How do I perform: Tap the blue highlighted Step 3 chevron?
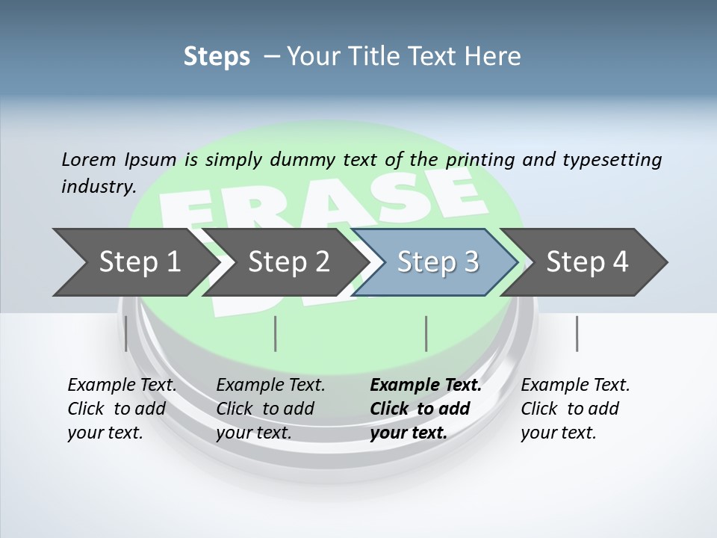438,262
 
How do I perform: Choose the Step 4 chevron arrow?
587,262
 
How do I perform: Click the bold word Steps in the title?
217,56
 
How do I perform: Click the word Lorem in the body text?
88,159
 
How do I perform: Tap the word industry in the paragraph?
98,186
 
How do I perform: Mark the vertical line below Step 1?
126,333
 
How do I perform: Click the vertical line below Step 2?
276,333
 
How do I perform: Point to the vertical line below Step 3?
426,333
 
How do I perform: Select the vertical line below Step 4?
577,333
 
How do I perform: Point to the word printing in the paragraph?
479,159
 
